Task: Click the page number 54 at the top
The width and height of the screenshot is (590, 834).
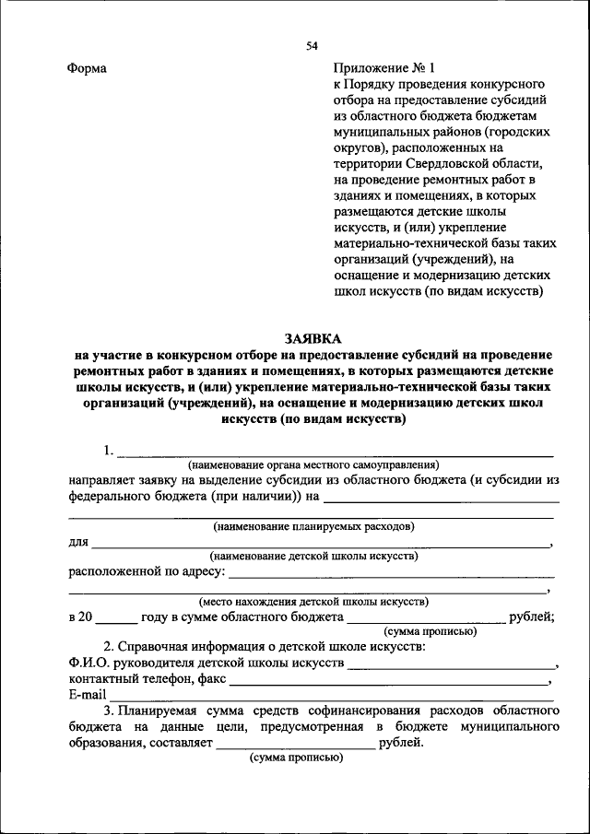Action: (x=312, y=47)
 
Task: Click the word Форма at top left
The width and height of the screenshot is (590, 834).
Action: (x=87, y=69)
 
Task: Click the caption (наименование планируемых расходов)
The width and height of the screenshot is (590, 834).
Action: (x=313, y=526)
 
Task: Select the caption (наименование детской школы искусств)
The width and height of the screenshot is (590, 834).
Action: (x=313, y=556)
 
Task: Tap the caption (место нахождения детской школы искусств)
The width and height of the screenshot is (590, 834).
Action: (x=313, y=601)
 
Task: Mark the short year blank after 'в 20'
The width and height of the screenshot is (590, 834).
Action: (x=115, y=620)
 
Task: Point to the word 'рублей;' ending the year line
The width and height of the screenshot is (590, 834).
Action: (x=532, y=617)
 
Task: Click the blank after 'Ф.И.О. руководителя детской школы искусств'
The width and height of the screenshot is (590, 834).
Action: (x=452, y=666)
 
